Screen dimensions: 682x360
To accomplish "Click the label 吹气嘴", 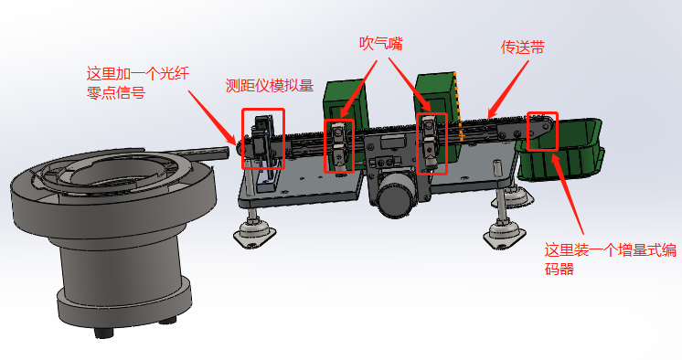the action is [381, 44].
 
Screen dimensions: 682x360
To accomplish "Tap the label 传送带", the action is [523, 47].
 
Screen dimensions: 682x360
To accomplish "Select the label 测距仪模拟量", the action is [270, 85].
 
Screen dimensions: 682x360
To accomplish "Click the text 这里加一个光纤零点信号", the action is [137, 82].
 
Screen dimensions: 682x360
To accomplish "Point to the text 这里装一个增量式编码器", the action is [610, 259].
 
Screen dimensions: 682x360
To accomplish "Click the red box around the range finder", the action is [242, 138].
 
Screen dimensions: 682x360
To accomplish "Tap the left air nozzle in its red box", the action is [338, 146].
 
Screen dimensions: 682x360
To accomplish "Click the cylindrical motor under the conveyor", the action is [395, 196].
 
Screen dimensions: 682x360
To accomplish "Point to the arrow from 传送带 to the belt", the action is [508, 90].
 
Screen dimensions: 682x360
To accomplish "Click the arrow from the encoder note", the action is [567, 193].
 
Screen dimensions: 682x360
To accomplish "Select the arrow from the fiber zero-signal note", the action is [213, 117].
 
